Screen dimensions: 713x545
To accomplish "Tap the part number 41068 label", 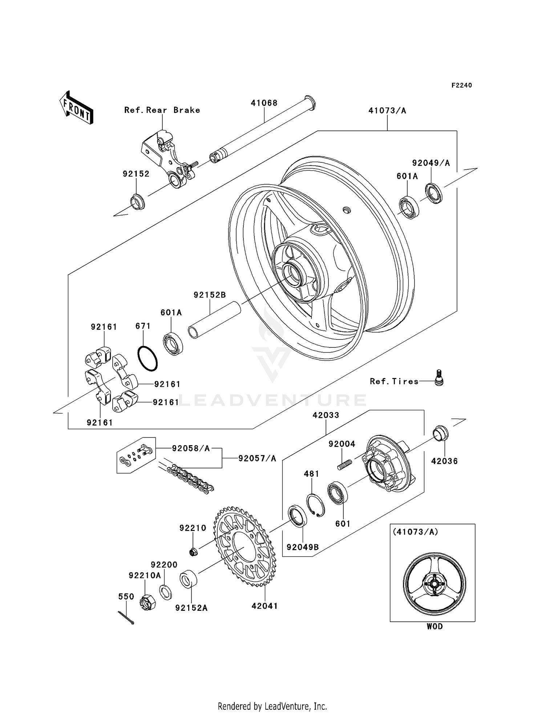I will click(264, 103).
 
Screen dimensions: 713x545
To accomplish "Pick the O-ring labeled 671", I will click(148, 359).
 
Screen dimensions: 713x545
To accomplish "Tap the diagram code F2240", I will click(461, 85).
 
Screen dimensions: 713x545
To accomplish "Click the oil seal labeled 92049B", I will click(298, 516).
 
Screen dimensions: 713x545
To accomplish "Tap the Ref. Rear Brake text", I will click(162, 110).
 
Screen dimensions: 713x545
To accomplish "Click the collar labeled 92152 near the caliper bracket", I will click(137, 202).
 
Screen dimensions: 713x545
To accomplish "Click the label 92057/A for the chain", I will click(257, 459).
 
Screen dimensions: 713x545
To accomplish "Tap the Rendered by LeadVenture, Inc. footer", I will click(272, 706).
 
